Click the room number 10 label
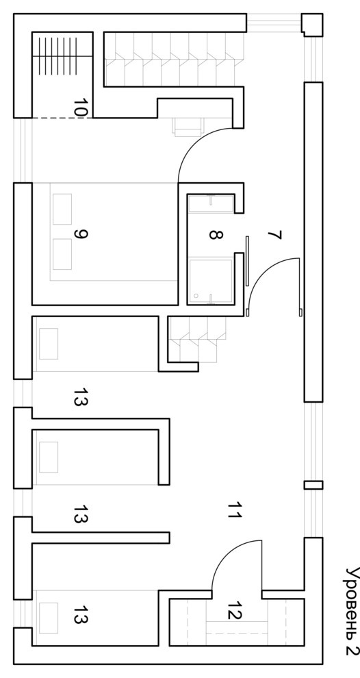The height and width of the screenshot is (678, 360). click(81, 107)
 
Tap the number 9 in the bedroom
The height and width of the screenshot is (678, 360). click(81, 234)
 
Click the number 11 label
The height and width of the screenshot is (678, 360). click(234, 510)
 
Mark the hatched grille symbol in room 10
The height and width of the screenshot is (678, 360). click(57, 55)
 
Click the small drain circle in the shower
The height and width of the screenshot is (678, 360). click(196, 296)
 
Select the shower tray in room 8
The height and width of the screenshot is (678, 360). click(211, 280)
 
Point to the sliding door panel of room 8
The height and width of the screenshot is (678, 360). click(247, 261)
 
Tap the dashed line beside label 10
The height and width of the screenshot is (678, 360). click(62, 118)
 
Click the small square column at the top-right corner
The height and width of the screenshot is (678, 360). click(312, 25)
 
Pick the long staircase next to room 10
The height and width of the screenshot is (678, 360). click(174, 59)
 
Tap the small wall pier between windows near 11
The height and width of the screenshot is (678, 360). click(313, 485)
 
